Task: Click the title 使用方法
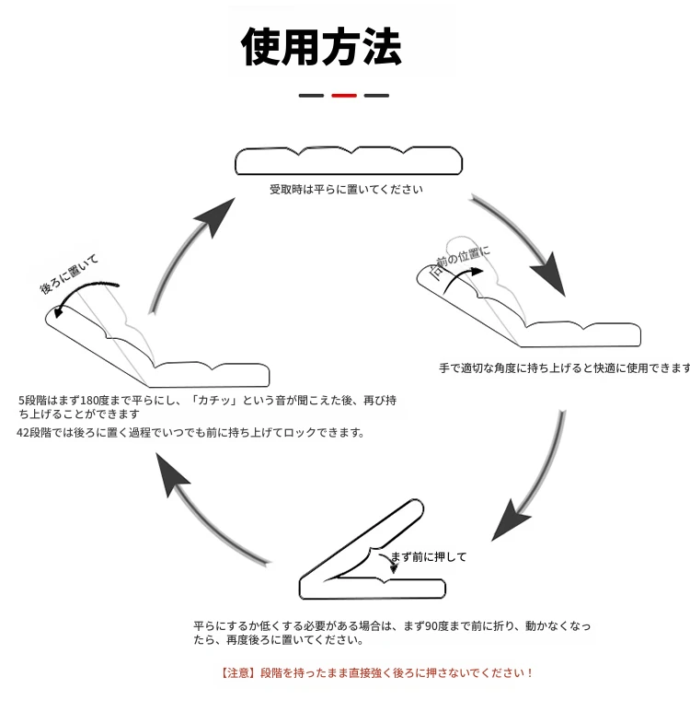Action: [321, 46]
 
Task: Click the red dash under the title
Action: [343, 95]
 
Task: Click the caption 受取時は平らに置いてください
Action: [346, 190]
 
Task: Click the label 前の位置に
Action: [462, 261]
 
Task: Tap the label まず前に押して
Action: [428, 556]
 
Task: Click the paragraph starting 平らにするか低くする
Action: [391, 633]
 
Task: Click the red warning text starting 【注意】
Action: [377, 673]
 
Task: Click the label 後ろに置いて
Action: [68, 275]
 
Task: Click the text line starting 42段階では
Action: [190, 433]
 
